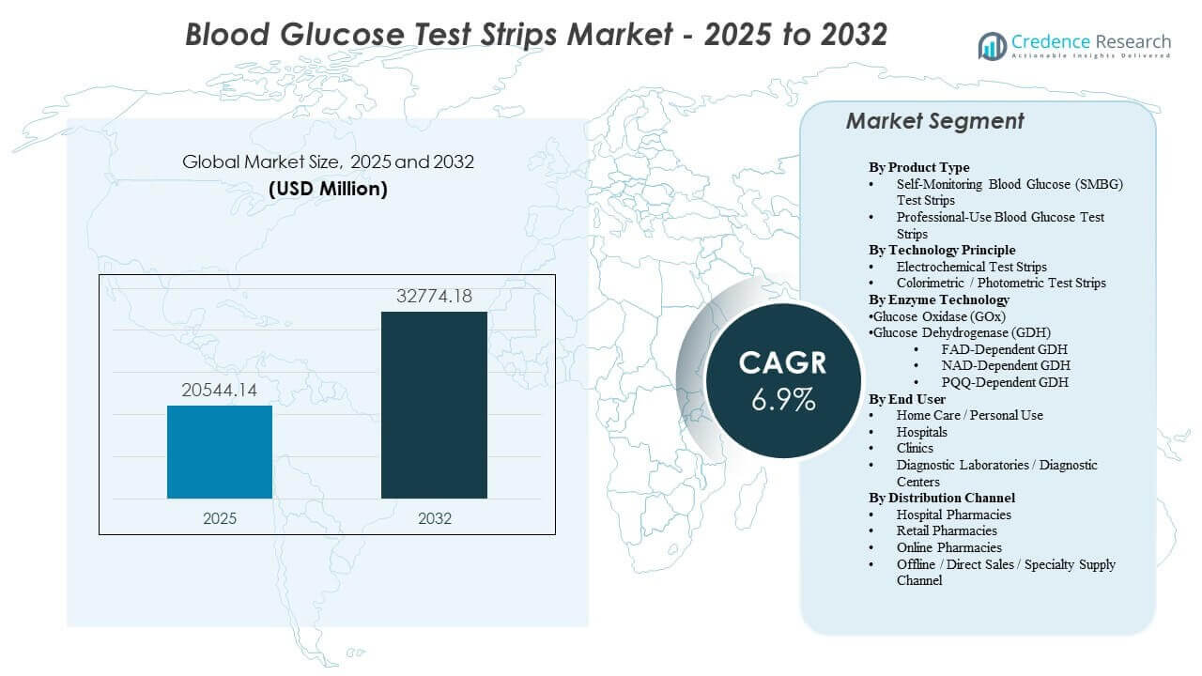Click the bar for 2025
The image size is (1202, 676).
point(220,452)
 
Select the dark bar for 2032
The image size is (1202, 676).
point(434,405)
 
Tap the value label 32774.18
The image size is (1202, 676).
point(434,297)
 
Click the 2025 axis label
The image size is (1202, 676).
point(220,518)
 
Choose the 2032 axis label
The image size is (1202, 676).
point(434,518)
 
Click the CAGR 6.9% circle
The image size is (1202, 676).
point(783,380)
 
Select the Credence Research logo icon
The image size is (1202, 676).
point(992,45)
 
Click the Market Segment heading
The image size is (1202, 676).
point(934,121)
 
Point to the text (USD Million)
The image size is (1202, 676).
point(328,189)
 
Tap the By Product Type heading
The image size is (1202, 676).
point(918,167)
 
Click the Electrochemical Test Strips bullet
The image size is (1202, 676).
point(971,267)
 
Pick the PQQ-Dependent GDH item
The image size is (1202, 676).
point(1005,382)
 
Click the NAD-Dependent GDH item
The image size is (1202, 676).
point(1005,365)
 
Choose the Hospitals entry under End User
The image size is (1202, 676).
point(921,432)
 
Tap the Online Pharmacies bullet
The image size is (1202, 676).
point(948,547)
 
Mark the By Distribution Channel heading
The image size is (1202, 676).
point(942,498)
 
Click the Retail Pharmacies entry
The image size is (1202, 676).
point(947,530)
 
